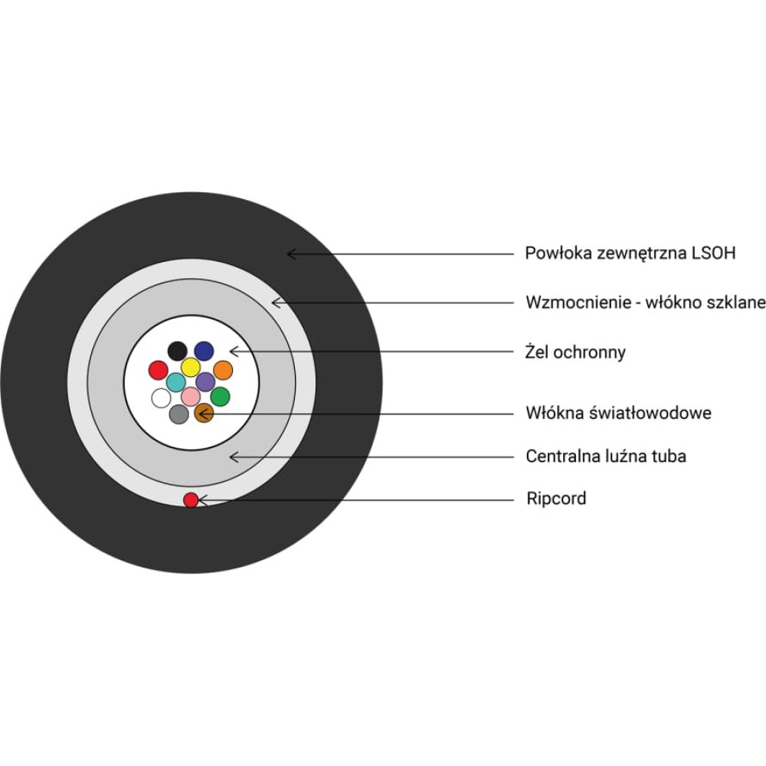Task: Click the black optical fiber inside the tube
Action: pos(177,351)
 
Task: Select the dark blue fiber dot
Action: pos(204,351)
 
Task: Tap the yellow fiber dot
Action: pos(191,367)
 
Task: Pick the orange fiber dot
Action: pos(223,370)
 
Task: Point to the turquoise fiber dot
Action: pos(176,381)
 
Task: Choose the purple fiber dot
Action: pos(205,381)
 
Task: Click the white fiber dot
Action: pos(161,398)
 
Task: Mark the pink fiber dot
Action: pos(191,396)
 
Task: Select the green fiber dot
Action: pos(220,396)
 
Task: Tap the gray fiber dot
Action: pos(178,414)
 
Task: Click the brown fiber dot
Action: pos(204,414)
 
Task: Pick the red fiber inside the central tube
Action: pos(158,371)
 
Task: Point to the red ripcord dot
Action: pos(191,500)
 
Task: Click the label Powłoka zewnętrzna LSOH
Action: pos(630,253)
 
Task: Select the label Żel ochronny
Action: pos(575,352)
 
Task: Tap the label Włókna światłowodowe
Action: pos(618,413)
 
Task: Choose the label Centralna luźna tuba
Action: pos(605,457)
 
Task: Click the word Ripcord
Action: pos(556,499)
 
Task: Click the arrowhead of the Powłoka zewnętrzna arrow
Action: pos(290,253)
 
